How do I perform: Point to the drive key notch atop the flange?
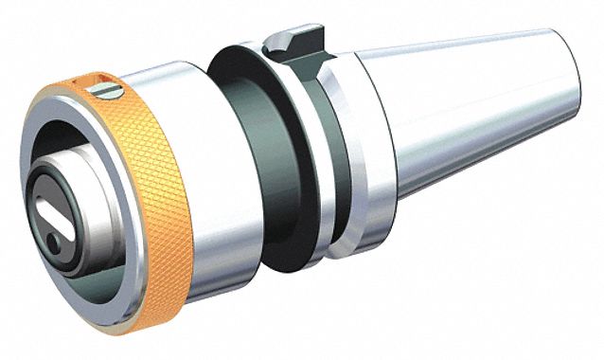click(290, 42)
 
